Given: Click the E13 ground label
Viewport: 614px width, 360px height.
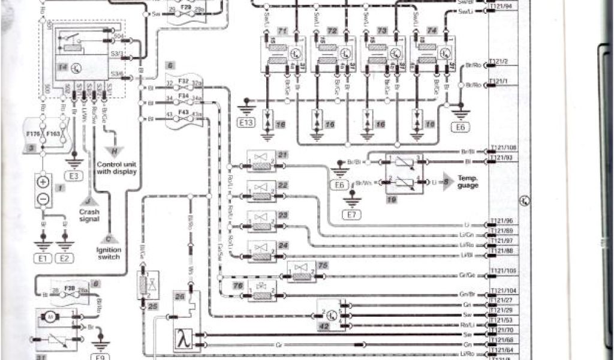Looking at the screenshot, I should pyautogui.click(x=246, y=125).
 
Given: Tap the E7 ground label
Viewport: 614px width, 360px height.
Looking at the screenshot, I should pyautogui.click(x=348, y=213).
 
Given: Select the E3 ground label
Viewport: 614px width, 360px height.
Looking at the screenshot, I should pyautogui.click(x=74, y=176).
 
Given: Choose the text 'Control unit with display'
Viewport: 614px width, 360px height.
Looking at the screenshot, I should pyautogui.click(x=117, y=167).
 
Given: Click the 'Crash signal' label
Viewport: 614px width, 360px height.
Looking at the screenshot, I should pyautogui.click(x=89, y=215).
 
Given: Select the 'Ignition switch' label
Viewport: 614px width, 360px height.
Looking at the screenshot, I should pyautogui.click(x=109, y=253).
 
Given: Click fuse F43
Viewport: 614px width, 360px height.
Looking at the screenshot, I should pyautogui.click(x=183, y=113).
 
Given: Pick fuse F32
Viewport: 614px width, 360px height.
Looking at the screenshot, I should pyautogui.click(x=183, y=80).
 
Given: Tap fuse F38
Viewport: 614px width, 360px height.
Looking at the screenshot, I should pyautogui.click(x=69, y=289).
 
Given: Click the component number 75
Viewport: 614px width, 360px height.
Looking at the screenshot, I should pyautogui.click(x=323, y=265).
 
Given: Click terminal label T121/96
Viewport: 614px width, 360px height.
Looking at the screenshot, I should pyautogui.click(x=501, y=221).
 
